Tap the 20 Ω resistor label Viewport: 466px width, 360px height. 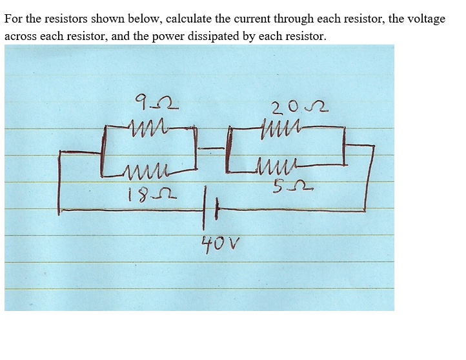point(300,108)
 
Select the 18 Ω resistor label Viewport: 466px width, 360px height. point(152,194)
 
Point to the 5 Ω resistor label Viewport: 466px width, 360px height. point(292,186)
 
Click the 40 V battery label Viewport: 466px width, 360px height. point(221,245)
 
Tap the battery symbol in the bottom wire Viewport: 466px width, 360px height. point(210,208)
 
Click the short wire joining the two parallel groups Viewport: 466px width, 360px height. point(212,148)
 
